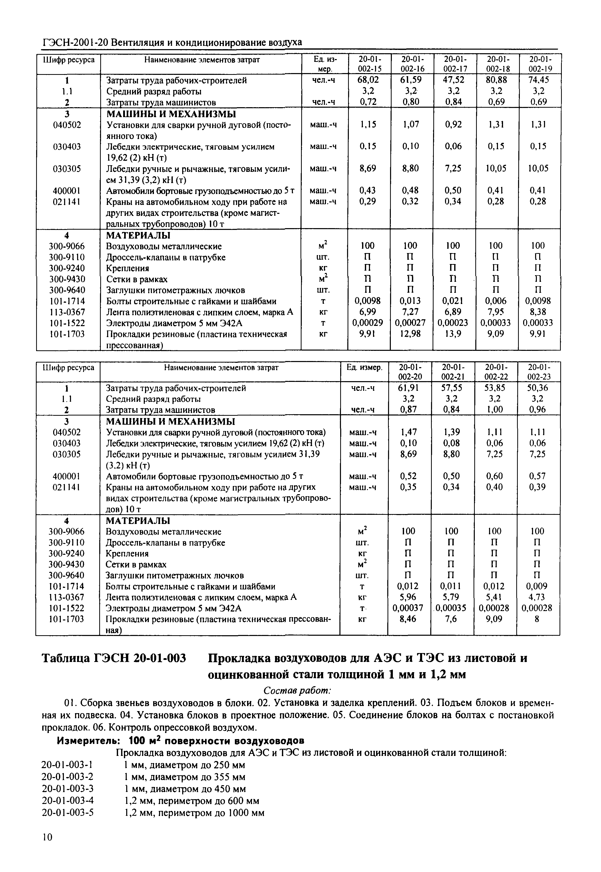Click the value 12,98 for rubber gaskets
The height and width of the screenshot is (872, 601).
pos(410,334)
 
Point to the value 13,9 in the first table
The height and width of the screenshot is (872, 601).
pos(453,334)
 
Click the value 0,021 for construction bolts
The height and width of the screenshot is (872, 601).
pos(453,301)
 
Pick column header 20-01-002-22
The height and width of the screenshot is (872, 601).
pos(496,372)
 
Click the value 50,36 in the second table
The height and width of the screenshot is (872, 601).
pos(537,388)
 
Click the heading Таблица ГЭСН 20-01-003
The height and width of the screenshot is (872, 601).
pos(114,659)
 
